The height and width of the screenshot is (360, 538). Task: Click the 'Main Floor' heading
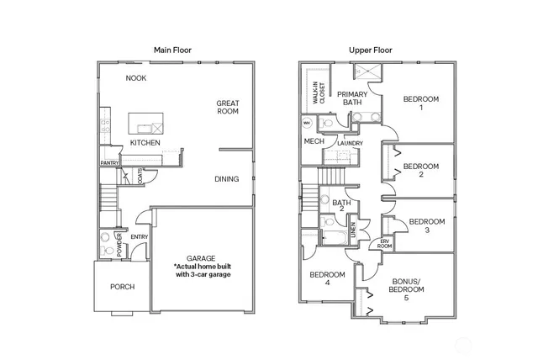[172, 50]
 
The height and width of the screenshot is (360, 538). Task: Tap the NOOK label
[136, 78]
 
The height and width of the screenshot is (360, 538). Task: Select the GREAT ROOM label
[227, 106]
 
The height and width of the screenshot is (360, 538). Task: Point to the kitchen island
[148, 126]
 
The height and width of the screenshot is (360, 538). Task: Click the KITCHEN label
[145, 143]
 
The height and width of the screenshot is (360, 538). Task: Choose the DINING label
[226, 178]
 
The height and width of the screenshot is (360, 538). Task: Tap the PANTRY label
[109, 162]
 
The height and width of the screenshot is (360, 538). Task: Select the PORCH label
[123, 287]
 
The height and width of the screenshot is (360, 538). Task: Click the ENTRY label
[140, 237]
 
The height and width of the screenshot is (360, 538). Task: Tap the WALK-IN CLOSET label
[320, 86]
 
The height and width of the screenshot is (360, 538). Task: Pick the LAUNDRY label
[350, 143]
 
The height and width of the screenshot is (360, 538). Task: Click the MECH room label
[314, 141]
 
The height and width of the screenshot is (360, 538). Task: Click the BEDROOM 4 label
[327, 279]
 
